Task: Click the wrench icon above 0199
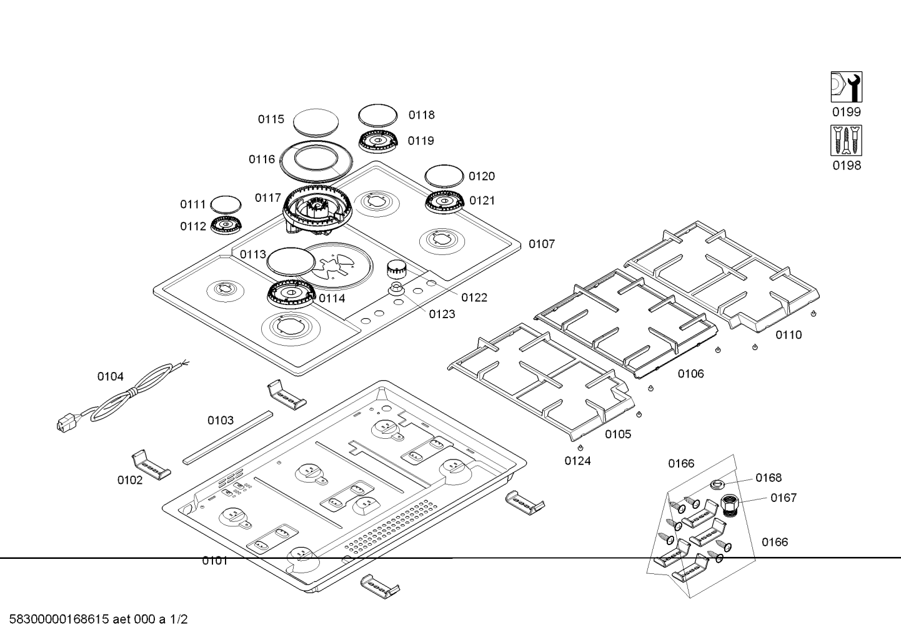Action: click(x=846, y=87)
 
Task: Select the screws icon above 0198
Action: click(x=846, y=140)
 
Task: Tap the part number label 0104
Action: click(x=110, y=376)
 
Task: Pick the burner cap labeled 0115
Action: click(x=316, y=121)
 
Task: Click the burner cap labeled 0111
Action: click(x=226, y=204)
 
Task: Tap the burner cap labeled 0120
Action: click(x=444, y=176)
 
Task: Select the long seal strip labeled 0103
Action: click(x=228, y=437)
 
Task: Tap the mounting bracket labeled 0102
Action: click(x=151, y=466)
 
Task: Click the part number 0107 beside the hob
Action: click(x=542, y=244)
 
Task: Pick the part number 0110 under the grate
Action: click(x=789, y=335)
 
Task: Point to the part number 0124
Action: click(x=577, y=461)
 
